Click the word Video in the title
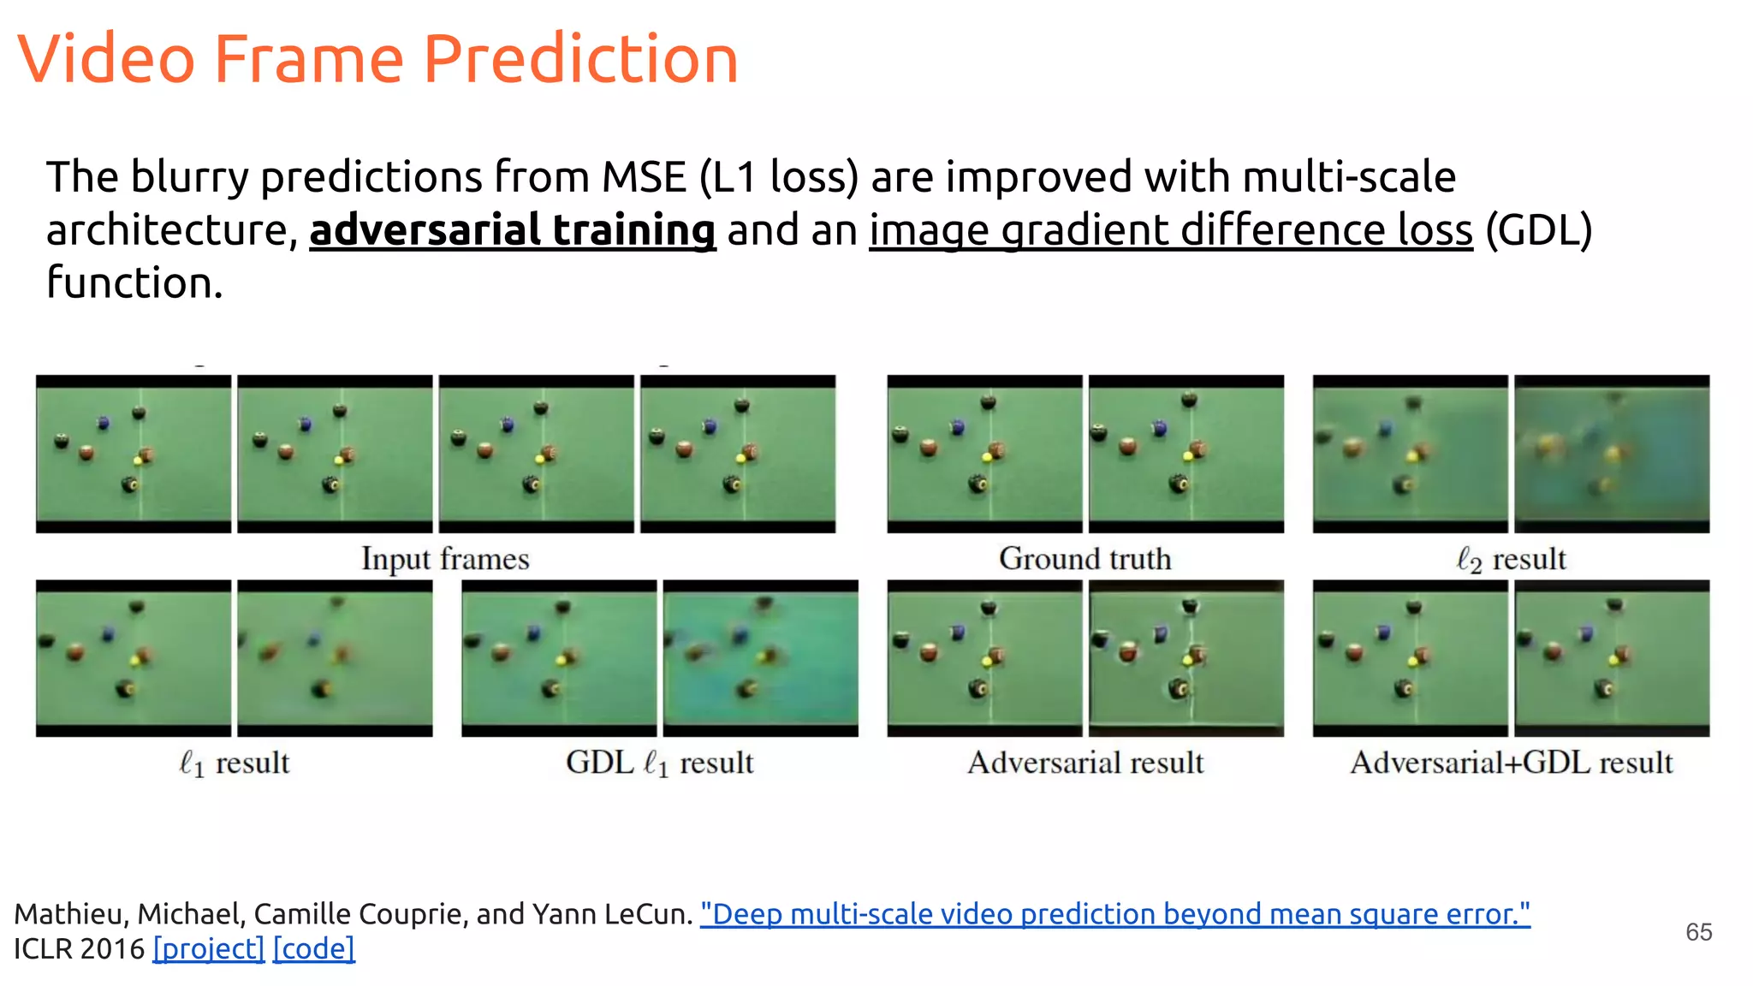point(106,59)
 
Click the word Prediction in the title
point(580,59)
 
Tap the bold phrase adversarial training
point(512,230)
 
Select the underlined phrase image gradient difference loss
point(1170,230)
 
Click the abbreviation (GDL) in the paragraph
point(1538,230)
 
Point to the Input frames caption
point(445,559)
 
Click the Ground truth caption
point(1084,559)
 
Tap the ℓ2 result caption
point(1511,560)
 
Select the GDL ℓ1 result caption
point(659,763)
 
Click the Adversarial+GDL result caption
point(1511,763)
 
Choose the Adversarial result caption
point(1084,763)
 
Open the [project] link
point(208,948)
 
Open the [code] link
point(313,948)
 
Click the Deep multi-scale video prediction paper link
point(1114,914)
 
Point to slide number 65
point(1698,932)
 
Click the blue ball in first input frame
point(104,422)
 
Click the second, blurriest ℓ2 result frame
point(1612,454)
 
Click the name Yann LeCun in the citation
point(611,914)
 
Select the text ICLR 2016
point(79,948)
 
